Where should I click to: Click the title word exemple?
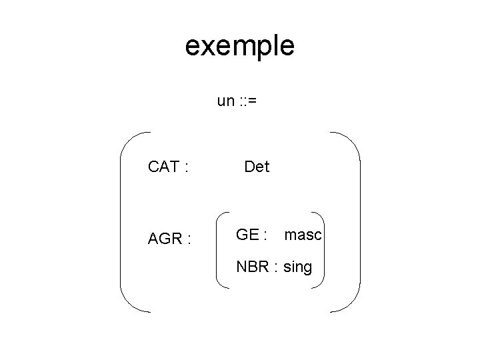pyautogui.click(x=239, y=47)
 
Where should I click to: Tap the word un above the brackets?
pyautogui.click(x=225, y=101)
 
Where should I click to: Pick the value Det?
pyautogui.click(x=257, y=167)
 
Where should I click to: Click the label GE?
pyautogui.click(x=249, y=235)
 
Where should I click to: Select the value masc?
pyautogui.click(x=303, y=235)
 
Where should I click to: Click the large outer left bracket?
pyautogui.click(x=123, y=222)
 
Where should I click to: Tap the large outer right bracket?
pyautogui.click(x=359, y=222)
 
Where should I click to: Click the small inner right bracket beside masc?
pyautogui.click(x=323, y=250)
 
